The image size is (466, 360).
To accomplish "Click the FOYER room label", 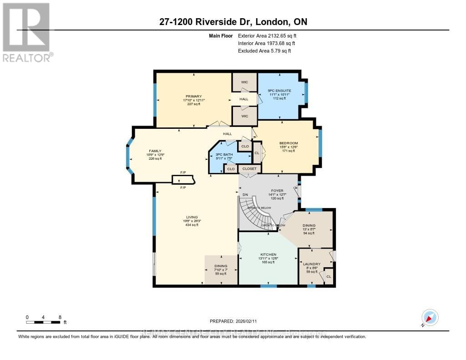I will [x=277, y=191].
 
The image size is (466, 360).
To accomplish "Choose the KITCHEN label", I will [x=268, y=254].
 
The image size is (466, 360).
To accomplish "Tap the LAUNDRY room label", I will [x=314, y=264].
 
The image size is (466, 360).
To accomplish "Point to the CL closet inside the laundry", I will [x=329, y=276].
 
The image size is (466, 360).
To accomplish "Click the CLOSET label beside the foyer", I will [x=249, y=169].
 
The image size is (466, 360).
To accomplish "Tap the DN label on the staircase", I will [x=245, y=195].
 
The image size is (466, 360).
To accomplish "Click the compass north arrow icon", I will [x=430, y=317].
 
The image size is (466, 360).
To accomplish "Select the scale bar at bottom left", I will [x=43, y=322].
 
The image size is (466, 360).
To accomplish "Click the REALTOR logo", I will [x=26, y=32].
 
